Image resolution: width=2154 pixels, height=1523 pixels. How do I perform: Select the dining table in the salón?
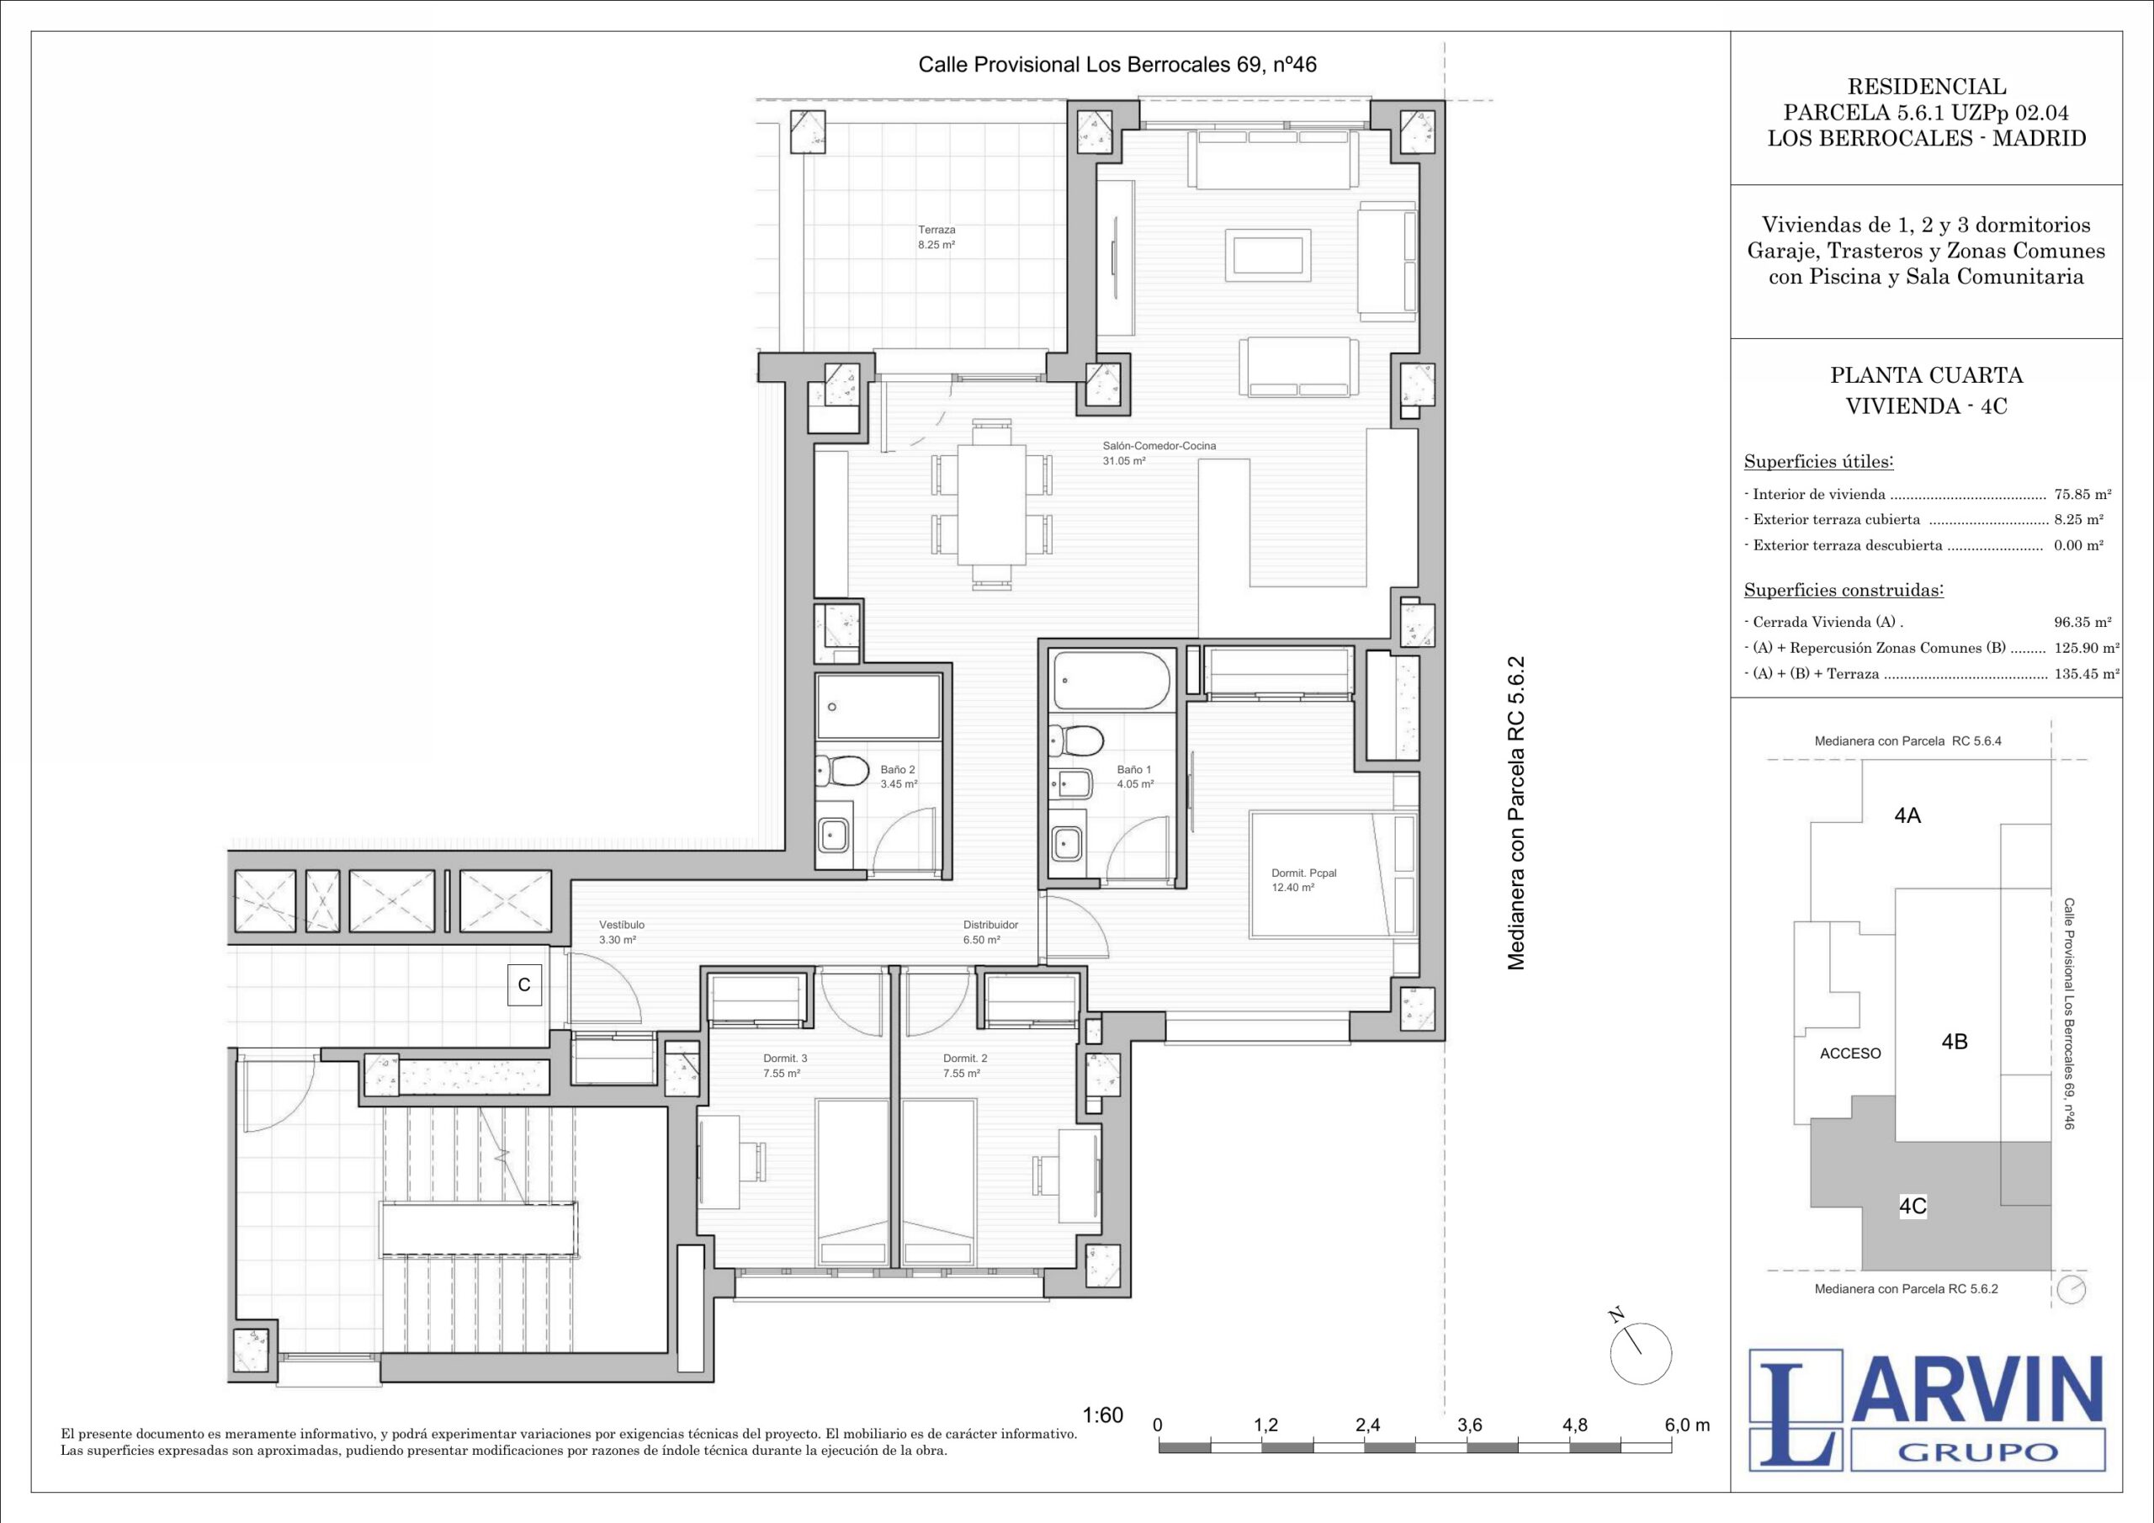point(993,505)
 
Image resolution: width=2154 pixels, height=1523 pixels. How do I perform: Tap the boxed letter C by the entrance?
point(524,985)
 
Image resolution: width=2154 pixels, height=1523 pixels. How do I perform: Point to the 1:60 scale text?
point(1102,1415)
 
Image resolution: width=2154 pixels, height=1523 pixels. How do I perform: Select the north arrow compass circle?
point(1641,1354)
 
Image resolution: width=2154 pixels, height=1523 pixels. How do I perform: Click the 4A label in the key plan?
point(1907,815)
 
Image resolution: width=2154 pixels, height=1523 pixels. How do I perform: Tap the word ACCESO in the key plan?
point(1850,1053)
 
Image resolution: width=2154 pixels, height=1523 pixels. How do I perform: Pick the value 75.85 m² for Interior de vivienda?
point(2082,495)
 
